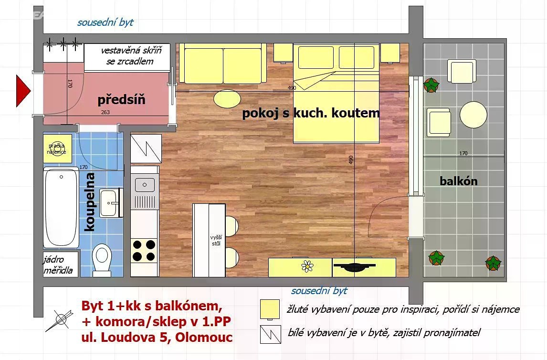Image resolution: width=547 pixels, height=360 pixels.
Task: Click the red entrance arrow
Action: (x=23, y=91)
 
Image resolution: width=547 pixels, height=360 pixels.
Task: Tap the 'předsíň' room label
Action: (x=121, y=100)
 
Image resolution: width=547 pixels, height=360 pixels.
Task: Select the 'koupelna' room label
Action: (x=90, y=201)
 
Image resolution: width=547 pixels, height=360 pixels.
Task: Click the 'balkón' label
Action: (x=458, y=181)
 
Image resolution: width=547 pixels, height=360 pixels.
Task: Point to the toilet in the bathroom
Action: (x=102, y=259)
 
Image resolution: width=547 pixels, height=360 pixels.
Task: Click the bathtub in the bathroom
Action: (x=61, y=207)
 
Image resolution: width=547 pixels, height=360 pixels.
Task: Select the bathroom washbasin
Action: (x=111, y=203)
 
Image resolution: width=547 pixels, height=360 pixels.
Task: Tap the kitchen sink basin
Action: (x=145, y=184)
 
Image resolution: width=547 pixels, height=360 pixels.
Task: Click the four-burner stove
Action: (x=144, y=251)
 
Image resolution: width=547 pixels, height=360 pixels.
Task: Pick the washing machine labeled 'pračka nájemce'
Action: (x=57, y=148)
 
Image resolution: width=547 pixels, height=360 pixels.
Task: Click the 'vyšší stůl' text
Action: (x=216, y=240)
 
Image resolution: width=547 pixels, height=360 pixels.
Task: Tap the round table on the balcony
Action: (x=473, y=115)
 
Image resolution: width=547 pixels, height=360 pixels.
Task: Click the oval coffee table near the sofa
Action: (x=227, y=98)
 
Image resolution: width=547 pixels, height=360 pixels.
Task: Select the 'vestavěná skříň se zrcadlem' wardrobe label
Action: (x=131, y=56)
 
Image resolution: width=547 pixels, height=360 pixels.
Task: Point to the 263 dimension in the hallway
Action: (x=105, y=112)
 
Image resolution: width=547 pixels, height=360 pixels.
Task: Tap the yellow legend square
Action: (x=270, y=309)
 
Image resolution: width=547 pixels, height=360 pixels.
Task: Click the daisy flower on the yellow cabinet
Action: (x=307, y=266)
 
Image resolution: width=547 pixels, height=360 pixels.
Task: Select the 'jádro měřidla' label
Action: (x=58, y=265)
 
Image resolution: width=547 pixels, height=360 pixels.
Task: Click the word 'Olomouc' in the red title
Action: (x=204, y=338)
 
